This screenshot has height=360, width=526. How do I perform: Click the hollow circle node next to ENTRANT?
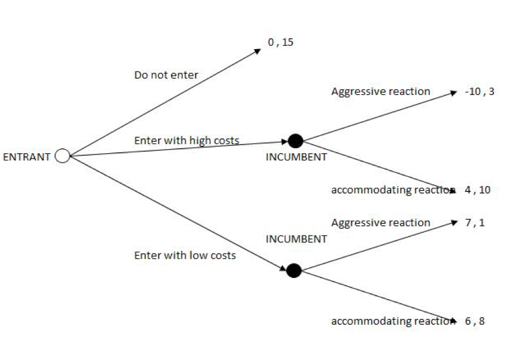tap(62, 156)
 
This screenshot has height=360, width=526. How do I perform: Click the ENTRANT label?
tap(27, 157)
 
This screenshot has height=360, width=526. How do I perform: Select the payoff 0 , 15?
tap(280, 43)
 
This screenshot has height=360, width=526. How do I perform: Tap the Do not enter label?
tap(166, 75)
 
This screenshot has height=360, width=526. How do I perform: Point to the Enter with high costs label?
tap(186, 140)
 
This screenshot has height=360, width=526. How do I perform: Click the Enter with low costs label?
tap(185, 255)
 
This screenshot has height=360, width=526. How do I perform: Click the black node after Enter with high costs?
tap(296, 141)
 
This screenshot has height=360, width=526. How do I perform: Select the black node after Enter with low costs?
tap(294, 270)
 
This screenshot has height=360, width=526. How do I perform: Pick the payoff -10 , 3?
tap(479, 91)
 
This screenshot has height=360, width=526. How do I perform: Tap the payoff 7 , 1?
tap(475, 222)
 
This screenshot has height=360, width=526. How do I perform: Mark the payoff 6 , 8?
tap(475, 321)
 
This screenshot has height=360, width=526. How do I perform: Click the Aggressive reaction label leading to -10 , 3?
tap(381, 91)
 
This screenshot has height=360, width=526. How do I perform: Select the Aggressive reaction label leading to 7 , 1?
tap(381, 222)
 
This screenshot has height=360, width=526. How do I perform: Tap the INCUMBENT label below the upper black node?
tap(296, 157)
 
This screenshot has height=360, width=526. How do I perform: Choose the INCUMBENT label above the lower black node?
tap(296, 239)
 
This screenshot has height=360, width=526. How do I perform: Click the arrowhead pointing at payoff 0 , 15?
tap(258, 51)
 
